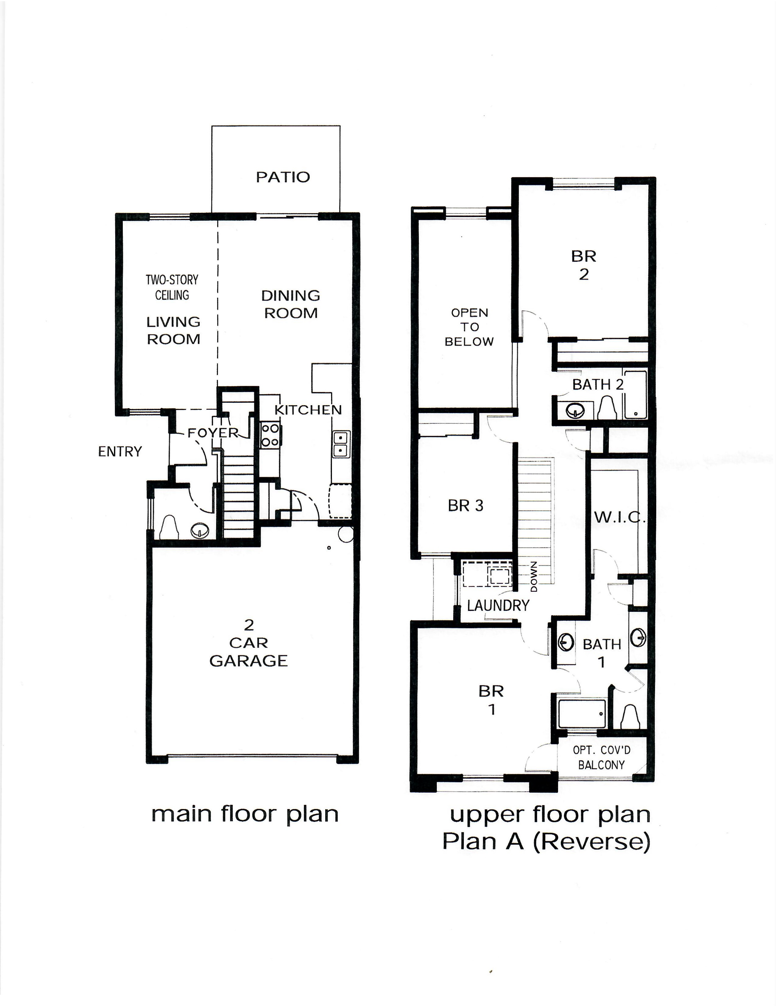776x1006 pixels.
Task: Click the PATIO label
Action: coord(283,177)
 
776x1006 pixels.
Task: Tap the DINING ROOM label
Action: coord(290,304)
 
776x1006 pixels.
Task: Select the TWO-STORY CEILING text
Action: coord(172,287)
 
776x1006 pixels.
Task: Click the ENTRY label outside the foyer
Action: coord(120,451)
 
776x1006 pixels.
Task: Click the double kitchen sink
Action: coord(341,444)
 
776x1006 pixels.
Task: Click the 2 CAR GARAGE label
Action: coord(249,643)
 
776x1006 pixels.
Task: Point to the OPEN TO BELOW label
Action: coord(469,327)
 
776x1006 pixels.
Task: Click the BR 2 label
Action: coord(583,265)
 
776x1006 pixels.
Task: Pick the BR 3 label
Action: coord(466,506)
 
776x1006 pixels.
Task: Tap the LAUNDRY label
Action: coord(498,605)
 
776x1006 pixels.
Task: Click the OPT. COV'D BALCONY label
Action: coord(601,757)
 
